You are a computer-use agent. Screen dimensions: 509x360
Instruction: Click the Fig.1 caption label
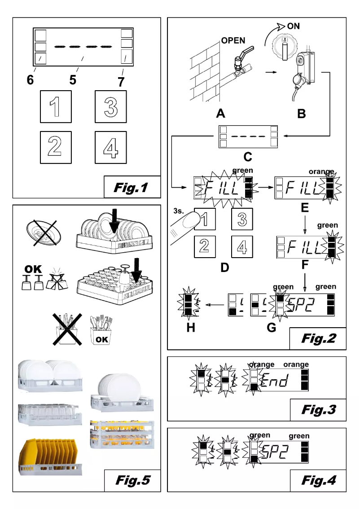[x=132, y=187]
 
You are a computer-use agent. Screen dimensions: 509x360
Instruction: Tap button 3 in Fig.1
[x=110, y=106]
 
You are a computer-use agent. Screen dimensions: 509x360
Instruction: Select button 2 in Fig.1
[x=54, y=147]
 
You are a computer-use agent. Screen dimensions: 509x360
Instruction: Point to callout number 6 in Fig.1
[x=30, y=80]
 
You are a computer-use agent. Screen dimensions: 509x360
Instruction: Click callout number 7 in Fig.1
[x=122, y=83]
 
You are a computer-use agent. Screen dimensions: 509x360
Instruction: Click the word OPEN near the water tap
[x=233, y=41]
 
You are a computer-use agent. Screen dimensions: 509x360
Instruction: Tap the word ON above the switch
[x=293, y=26]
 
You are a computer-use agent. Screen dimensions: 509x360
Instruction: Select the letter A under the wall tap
[x=220, y=113]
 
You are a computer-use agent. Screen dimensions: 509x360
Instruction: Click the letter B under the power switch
[x=301, y=113]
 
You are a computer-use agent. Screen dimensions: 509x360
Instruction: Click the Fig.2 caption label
[x=318, y=338]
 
